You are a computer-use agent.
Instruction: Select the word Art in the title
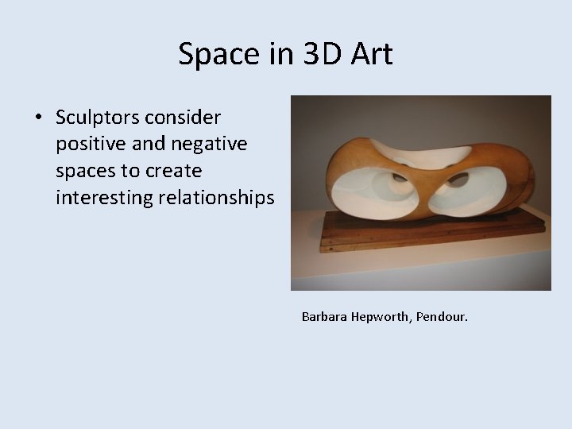coord(369,54)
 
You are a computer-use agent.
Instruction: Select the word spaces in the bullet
coord(83,171)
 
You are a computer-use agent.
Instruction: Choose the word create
coord(175,171)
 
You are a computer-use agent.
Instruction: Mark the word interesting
coord(103,197)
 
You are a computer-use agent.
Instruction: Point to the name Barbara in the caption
coord(326,317)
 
